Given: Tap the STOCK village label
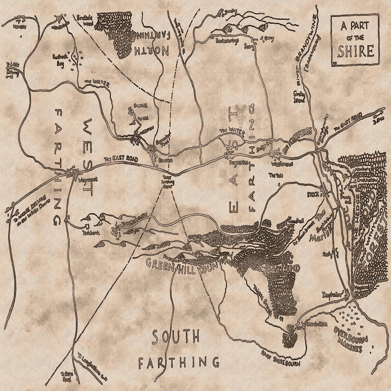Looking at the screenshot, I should (313, 194).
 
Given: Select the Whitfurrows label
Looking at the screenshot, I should (281, 164).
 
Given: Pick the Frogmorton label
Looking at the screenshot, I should (239, 163).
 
